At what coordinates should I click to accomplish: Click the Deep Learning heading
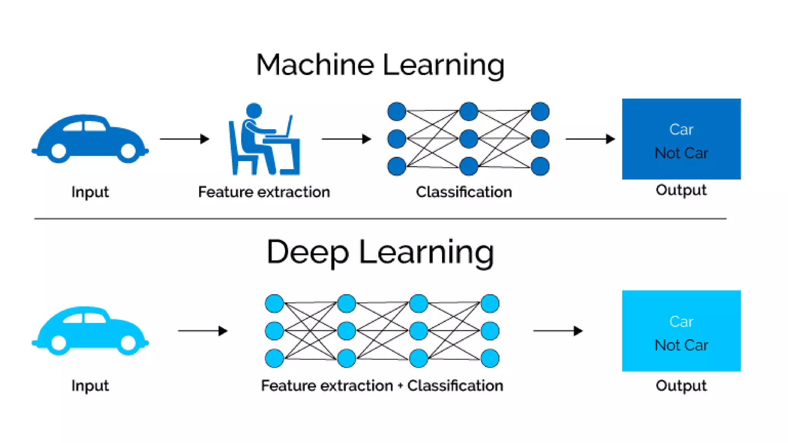point(380,252)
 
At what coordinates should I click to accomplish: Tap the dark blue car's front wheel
point(129,151)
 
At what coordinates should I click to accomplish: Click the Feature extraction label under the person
point(264,192)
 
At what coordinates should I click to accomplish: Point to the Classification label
point(464,192)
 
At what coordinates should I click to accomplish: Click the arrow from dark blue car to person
point(184,139)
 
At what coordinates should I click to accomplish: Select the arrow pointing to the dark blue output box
point(590,139)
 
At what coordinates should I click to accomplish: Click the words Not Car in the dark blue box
point(681,153)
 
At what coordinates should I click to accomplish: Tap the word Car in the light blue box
point(681,321)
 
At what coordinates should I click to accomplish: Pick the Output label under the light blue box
point(681,385)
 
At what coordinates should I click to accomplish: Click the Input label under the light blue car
point(90,385)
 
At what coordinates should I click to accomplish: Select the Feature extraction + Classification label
point(382,385)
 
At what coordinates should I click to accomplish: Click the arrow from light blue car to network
point(202,331)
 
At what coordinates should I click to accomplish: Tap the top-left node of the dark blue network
point(397,112)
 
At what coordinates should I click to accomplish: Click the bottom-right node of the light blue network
point(490,358)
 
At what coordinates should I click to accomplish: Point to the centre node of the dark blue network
point(468,139)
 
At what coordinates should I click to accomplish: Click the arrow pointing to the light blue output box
point(558,331)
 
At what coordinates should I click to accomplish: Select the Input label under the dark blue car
point(90,192)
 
